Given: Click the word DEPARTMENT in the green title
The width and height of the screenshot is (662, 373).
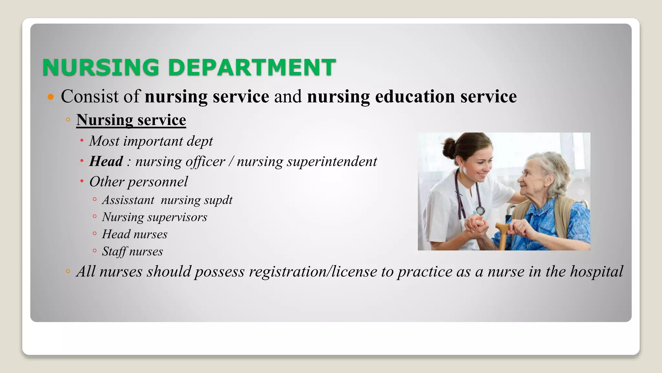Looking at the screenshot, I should tap(252, 67).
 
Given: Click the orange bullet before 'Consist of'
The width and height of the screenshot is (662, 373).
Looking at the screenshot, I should tap(50, 96).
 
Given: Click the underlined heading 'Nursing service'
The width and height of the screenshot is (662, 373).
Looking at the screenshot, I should tap(131, 120).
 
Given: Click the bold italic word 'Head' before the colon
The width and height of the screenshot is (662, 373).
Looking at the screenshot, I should tap(106, 161).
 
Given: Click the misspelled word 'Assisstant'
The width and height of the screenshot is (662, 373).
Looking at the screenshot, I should tap(128, 200).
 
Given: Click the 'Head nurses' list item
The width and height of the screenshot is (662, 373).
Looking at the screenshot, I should tap(134, 234).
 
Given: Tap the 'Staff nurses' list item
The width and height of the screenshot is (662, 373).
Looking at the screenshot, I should tap(132, 252).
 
